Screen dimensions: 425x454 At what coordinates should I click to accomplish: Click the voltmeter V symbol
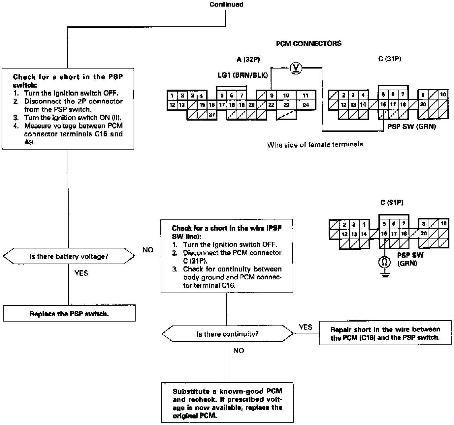coord(296,68)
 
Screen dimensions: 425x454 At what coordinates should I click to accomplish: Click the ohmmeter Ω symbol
coord(384,262)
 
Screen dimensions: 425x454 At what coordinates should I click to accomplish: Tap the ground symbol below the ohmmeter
coord(384,274)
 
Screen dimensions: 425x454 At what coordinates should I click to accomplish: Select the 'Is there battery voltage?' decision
coord(69,256)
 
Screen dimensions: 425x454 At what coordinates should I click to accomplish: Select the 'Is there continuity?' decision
coord(227,334)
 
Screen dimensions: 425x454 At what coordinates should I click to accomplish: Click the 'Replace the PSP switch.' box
coord(69,314)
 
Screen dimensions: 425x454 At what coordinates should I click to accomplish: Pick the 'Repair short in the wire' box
coord(385,333)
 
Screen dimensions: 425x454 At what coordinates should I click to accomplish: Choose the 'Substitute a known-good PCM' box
coord(227,403)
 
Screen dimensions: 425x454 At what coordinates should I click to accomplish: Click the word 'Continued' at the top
coord(226,4)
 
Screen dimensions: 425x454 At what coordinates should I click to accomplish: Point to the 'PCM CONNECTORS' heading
coord(308,43)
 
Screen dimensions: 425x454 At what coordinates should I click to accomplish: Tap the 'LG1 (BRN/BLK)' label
coord(243,75)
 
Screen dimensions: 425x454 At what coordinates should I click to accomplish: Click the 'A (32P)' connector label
coord(248,59)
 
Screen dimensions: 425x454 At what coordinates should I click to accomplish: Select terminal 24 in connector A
coord(306,105)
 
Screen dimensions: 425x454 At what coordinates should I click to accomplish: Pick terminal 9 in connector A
coord(272,96)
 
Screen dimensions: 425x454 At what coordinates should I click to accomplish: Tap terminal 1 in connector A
coord(172,96)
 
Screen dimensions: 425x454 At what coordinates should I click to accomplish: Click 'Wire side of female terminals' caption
coord(315,144)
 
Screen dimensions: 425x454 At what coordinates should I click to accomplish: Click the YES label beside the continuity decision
coord(305,327)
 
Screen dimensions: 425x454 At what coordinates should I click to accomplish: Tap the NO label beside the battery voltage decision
coord(148,250)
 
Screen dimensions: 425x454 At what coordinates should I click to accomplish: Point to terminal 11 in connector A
coord(306,96)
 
